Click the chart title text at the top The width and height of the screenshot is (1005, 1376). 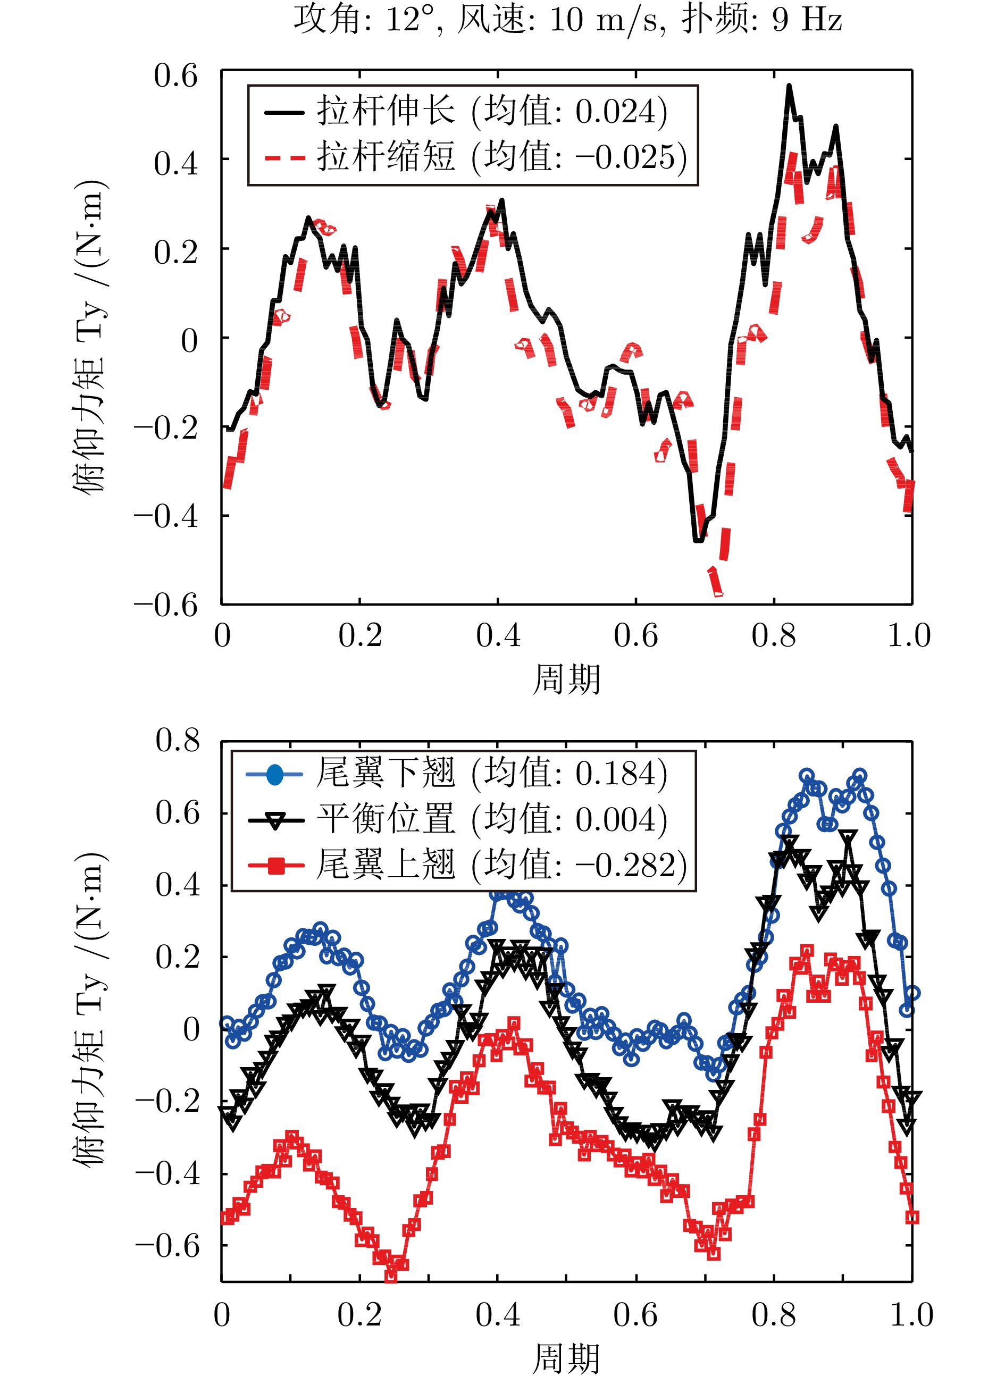click(567, 20)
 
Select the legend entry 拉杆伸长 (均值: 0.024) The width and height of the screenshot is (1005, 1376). click(491, 112)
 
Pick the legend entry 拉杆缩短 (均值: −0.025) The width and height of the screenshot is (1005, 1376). click(501, 157)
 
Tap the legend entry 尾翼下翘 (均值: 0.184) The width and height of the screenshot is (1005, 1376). click(491, 774)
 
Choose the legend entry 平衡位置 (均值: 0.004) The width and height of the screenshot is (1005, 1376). click(491, 819)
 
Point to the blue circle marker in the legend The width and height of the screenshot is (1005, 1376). click(275, 774)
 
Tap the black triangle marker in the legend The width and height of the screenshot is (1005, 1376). click(275, 820)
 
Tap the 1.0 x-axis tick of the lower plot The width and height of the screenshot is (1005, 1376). click(911, 1315)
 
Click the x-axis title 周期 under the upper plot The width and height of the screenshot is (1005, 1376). click(566, 679)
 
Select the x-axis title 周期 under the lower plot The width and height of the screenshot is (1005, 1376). click(566, 1359)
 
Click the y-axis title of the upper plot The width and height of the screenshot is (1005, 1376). click(89, 338)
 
